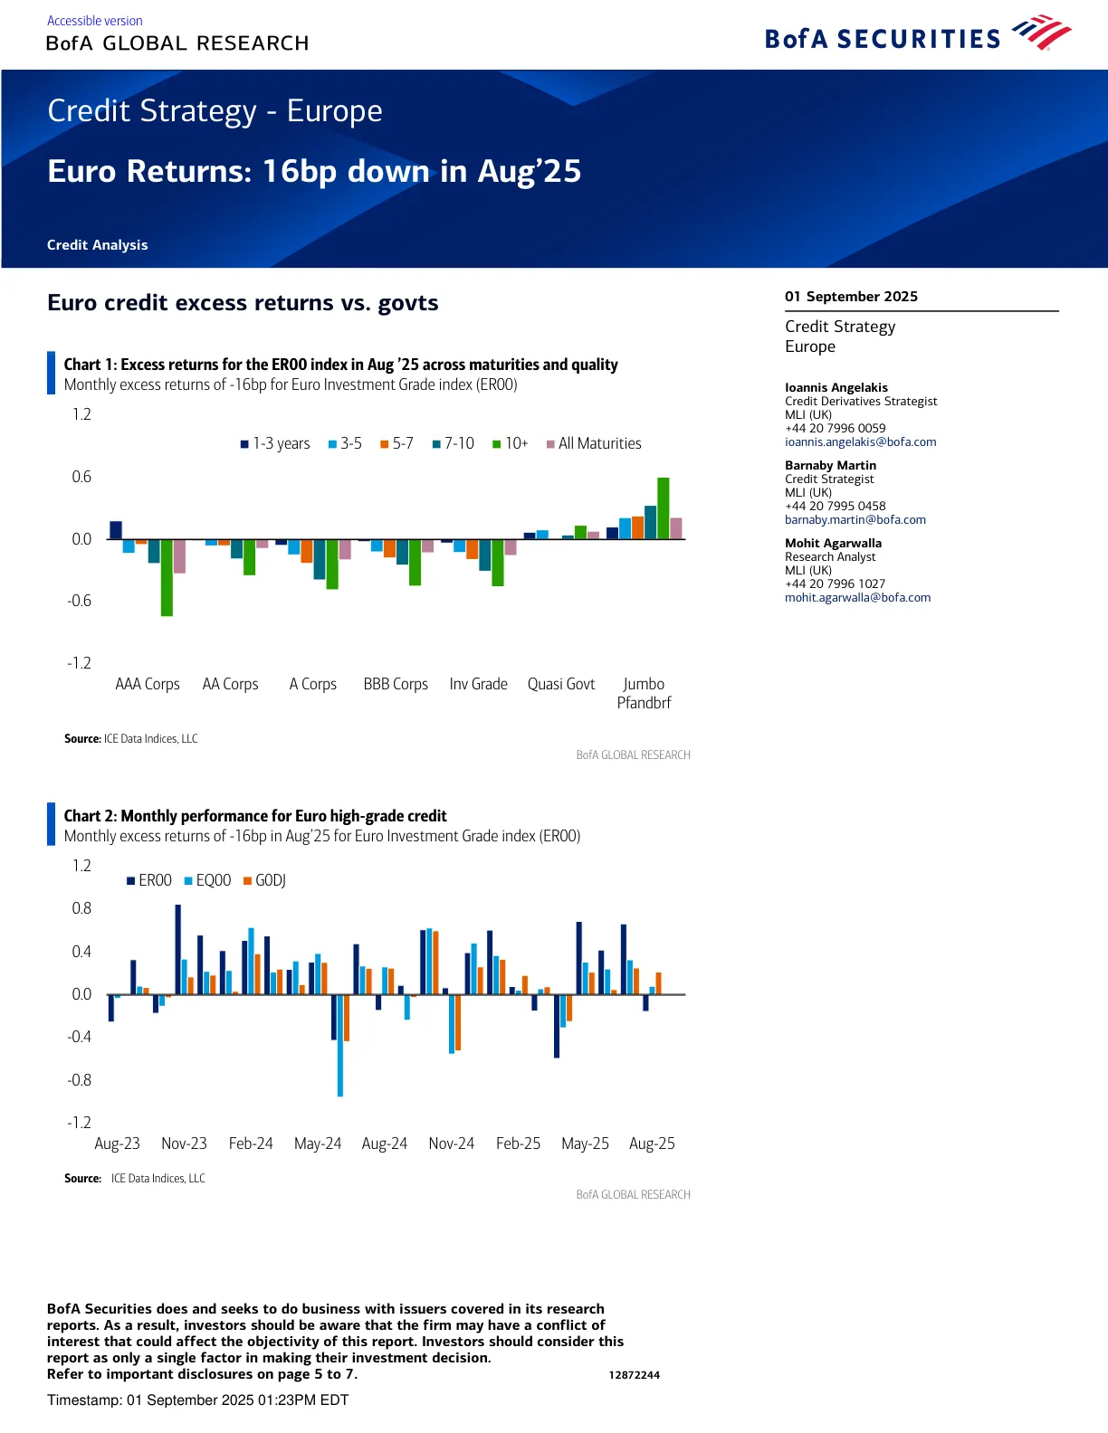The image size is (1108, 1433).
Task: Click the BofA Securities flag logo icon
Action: (1041, 33)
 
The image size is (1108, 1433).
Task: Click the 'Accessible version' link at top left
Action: (94, 21)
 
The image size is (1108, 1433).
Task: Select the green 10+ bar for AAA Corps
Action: (167, 577)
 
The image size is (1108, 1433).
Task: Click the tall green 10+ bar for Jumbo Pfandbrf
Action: (664, 508)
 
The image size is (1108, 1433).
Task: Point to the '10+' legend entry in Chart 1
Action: (511, 443)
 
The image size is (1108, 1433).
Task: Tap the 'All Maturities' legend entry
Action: (594, 443)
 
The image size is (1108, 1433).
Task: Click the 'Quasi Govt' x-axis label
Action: (561, 684)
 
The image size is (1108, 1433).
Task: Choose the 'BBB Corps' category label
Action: (396, 684)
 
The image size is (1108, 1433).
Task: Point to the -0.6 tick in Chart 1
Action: (80, 601)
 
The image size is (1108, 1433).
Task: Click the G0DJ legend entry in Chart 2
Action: (264, 880)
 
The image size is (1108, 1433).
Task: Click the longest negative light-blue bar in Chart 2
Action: (340, 1045)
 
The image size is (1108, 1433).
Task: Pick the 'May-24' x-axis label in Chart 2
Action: (318, 1144)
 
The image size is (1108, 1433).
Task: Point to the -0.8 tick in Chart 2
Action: (80, 1079)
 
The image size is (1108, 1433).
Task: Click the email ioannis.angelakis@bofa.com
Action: (860, 442)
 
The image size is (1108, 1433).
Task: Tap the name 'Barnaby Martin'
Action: (830, 465)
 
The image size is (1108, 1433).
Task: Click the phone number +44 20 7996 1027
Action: (835, 584)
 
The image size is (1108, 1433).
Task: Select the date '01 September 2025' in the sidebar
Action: (851, 297)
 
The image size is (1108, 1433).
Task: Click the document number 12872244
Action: (634, 1375)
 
